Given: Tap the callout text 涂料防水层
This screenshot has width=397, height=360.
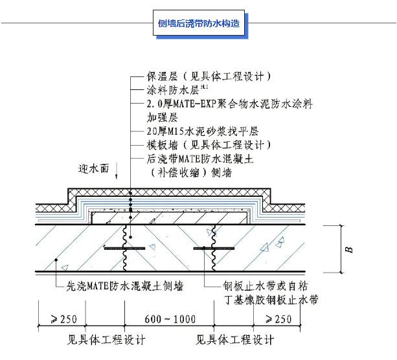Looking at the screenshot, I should click(x=172, y=90).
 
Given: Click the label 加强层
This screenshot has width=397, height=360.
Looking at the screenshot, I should click(x=163, y=118).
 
